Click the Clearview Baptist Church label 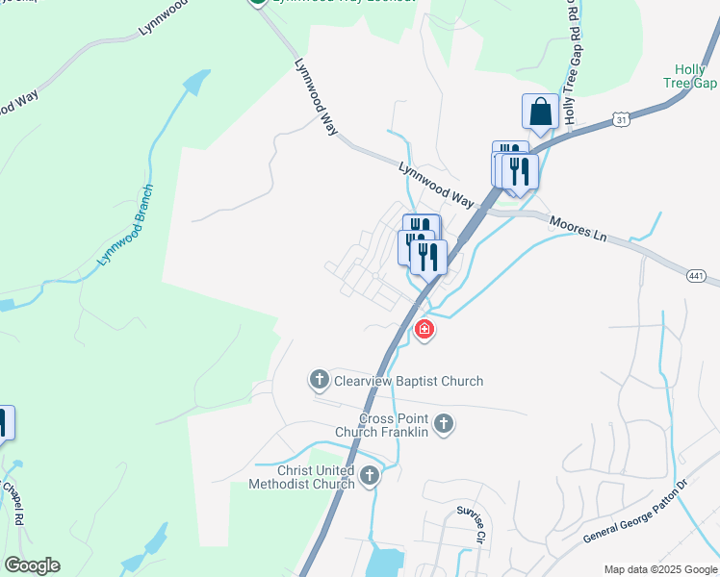(408, 382)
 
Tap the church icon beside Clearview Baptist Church (320, 381)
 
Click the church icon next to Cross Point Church (444, 423)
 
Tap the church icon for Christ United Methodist (370, 476)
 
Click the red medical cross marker (424, 331)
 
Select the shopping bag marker (541, 112)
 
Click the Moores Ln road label (578, 229)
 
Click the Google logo (32, 564)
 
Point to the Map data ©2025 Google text (659, 569)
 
